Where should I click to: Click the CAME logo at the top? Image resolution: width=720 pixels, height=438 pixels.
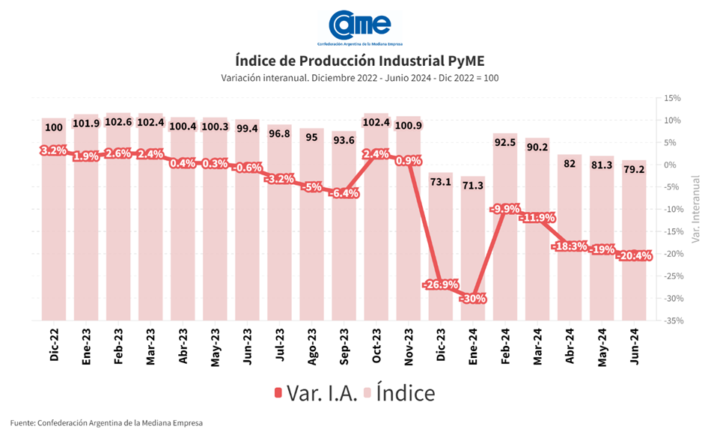click(360, 25)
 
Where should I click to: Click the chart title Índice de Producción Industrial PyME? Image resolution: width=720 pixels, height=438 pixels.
click(359, 60)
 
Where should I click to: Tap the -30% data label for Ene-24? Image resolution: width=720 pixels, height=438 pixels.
click(473, 298)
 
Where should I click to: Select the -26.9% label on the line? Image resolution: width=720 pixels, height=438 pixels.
click(442, 285)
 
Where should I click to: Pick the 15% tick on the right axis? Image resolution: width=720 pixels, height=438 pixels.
click(671, 98)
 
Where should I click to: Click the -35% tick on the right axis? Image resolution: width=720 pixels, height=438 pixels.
click(669, 320)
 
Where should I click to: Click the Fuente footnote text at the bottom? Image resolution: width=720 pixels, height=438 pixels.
click(106, 423)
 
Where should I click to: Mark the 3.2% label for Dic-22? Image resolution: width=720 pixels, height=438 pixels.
click(54, 150)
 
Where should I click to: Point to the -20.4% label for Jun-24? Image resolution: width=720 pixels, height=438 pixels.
click(634, 256)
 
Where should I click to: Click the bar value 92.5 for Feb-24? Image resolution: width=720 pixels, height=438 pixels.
click(505, 140)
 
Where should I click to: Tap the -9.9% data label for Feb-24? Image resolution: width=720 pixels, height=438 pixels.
click(505, 209)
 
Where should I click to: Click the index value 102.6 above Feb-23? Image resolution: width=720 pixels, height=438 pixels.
click(118, 123)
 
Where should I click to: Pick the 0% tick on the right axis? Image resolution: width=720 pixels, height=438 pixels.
click(673, 165)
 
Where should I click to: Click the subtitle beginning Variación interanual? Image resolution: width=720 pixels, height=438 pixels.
click(359, 78)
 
